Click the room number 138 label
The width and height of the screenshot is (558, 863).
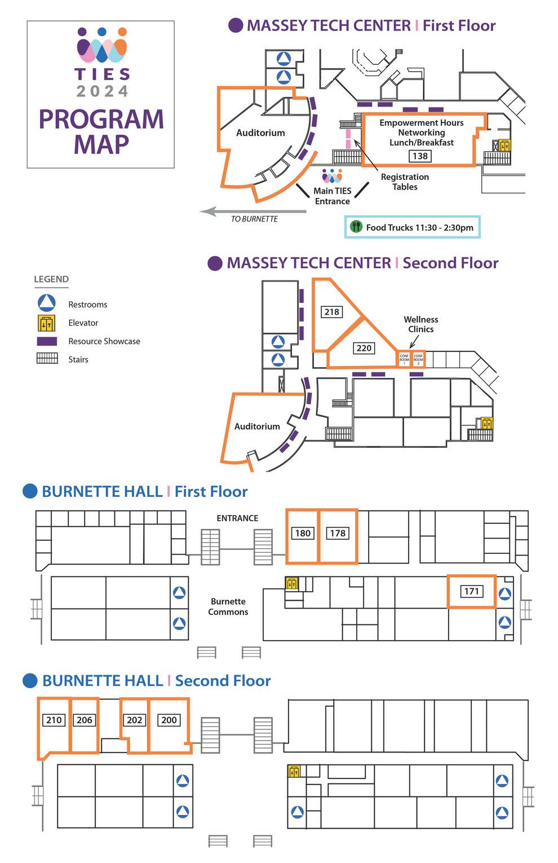420,156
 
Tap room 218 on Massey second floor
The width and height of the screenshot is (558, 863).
331,311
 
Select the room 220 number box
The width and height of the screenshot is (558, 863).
364,348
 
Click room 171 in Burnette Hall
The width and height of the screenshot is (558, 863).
471,591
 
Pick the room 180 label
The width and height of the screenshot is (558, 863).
303,533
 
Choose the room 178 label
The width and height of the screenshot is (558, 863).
338,533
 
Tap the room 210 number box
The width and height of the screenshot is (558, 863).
54,720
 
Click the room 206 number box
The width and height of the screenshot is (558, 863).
84,720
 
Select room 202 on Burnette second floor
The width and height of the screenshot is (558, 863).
134,720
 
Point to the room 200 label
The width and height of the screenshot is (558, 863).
169,720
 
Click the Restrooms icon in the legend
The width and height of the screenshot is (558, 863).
46,303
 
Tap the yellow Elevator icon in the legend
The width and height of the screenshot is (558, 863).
46,323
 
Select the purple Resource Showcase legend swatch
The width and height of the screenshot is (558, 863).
46,341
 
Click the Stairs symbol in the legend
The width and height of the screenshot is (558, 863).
47,359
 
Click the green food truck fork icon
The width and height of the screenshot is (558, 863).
356,227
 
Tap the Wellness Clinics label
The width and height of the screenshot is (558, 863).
420,324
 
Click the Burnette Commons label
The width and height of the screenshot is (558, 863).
228,606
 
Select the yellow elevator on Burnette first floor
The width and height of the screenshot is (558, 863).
291,583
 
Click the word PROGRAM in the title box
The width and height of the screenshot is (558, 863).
101,119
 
